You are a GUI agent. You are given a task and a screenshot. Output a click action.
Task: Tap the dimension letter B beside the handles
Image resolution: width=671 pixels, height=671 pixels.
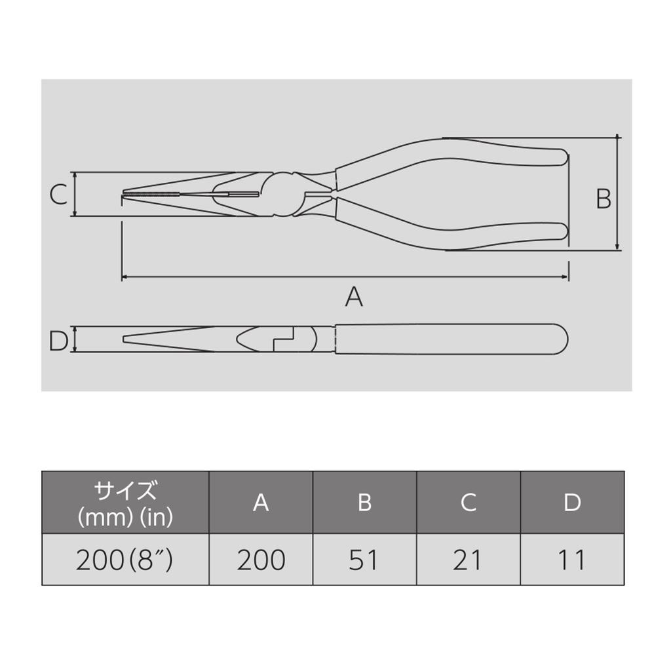[x=604, y=198]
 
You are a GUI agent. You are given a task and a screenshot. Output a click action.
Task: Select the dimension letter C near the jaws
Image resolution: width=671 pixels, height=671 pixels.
[x=59, y=195]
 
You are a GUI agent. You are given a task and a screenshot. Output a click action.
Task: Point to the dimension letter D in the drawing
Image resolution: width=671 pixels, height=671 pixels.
[x=59, y=341]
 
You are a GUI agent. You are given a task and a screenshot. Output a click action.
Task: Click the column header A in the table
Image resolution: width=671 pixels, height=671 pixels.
[x=261, y=503]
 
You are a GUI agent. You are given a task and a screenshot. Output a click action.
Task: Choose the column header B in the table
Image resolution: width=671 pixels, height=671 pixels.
[x=365, y=503]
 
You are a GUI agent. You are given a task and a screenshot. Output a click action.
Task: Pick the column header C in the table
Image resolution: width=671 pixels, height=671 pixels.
[x=468, y=503]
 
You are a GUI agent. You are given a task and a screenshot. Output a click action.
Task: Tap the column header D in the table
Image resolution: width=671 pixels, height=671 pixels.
[x=572, y=503]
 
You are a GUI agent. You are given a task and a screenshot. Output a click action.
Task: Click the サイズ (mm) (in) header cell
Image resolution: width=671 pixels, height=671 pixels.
[x=125, y=503]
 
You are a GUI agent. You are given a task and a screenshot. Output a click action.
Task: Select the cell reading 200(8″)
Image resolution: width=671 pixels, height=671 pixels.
[x=125, y=560]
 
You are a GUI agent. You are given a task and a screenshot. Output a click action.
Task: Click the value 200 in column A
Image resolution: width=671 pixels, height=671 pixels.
[x=261, y=560]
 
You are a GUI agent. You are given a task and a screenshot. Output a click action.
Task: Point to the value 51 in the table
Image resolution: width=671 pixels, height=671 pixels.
[x=365, y=560]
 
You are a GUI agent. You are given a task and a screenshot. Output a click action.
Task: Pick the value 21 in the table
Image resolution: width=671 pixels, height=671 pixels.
[x=468, y=560]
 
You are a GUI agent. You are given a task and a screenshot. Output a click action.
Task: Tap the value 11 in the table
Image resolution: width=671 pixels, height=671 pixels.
[x=572, y=560]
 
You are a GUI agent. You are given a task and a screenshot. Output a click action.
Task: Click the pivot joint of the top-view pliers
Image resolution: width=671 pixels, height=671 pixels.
[x=283, y=195]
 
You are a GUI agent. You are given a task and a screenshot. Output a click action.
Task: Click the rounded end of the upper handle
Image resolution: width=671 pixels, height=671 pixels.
[x=560, y=157]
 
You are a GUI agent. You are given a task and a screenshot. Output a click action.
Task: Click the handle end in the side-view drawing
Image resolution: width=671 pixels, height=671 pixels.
[x=561, y=339]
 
